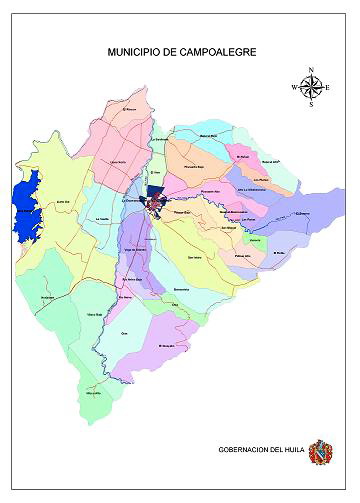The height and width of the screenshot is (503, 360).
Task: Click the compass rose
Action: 311,87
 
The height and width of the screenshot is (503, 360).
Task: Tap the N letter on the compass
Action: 311,69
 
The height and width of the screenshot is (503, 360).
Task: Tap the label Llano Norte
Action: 118,161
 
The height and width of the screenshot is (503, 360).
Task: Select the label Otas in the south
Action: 125,331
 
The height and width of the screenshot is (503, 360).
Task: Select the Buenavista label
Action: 181,288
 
